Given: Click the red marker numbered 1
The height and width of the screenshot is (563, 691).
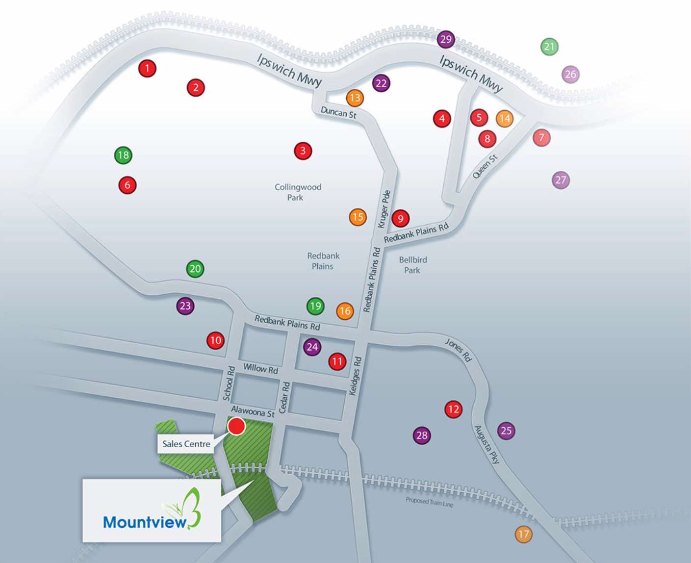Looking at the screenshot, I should pos(147,69).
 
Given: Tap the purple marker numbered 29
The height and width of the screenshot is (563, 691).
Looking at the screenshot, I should pos(446,39).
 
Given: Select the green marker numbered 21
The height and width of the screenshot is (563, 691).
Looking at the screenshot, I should pos(549,47).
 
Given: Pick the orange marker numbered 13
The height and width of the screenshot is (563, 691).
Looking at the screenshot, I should pos(355,98).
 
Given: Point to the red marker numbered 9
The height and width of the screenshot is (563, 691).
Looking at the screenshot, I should pos(401,218).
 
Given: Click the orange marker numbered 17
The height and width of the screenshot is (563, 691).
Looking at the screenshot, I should pos(523,534).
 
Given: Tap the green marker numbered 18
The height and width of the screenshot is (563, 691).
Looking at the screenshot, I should pos(123,155).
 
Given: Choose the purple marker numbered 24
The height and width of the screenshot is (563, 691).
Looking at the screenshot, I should pos(312,347).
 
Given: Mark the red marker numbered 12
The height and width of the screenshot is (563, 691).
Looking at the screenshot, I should pos(453,409).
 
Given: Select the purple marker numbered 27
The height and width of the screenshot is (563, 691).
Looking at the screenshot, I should pos(561,180).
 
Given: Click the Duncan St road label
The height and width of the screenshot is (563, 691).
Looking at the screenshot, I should pos(338,113).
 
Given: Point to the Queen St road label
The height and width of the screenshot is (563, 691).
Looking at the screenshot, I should pos(485,166).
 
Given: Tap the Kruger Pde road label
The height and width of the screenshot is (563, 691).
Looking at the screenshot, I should pos(384,209).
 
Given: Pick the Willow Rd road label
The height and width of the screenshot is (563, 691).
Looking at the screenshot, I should pos(260,369).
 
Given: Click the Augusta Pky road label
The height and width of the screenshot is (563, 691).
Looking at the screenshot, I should pos(486,444).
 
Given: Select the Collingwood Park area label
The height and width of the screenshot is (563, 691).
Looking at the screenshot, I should pos(298,192).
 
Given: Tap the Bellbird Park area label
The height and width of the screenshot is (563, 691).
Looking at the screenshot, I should pos(412,265).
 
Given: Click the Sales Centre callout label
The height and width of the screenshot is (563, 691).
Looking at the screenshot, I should pos(186,444).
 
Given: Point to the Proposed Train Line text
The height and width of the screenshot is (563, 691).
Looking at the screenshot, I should pos(429,502).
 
